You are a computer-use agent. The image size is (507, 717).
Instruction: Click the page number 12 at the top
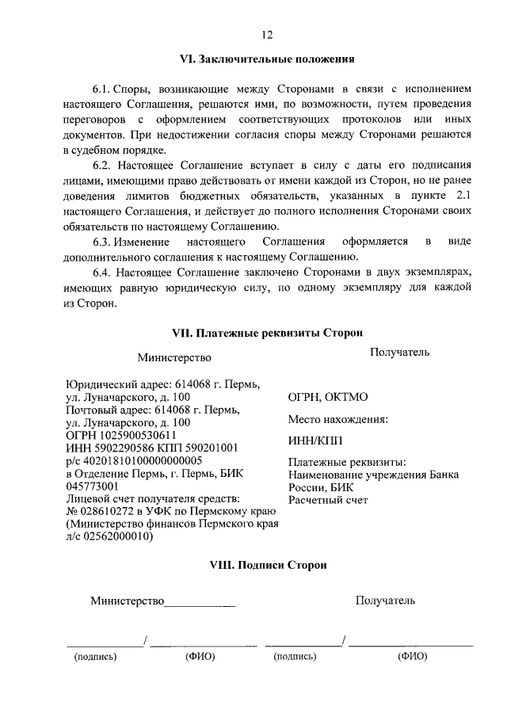point(267,34)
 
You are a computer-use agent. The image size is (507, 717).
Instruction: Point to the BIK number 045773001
point(92,486)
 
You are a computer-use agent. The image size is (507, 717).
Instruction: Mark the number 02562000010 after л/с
point(120,536)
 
